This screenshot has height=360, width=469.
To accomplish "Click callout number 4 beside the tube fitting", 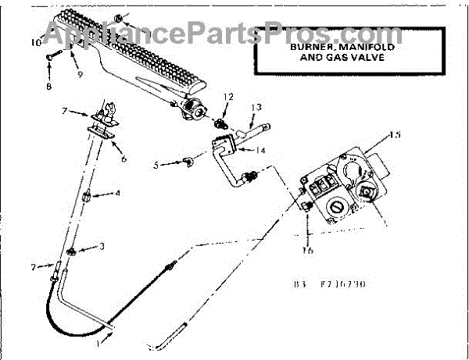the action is coord(118,194).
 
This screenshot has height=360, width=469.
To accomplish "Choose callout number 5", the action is coord(156,165).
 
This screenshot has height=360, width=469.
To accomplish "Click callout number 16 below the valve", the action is coord(308,251).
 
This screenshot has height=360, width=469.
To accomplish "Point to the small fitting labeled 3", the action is coord(70,251).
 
